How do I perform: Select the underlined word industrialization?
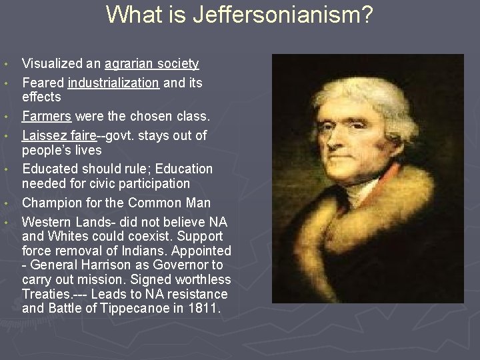113,83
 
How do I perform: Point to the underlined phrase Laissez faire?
59,135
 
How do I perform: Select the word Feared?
42,83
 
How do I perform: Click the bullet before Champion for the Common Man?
6,203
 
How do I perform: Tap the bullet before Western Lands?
6,222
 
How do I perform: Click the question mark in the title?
365,15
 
